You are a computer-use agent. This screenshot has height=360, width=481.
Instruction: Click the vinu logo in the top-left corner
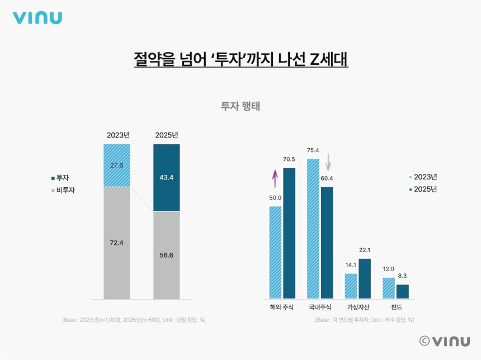tap(37, 18)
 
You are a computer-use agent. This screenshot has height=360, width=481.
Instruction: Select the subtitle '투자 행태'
tap(240, 106)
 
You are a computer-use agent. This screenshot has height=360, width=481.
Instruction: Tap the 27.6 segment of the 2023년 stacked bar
tap(117, 165)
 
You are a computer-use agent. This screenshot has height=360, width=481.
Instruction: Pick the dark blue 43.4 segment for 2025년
tap(167, 178)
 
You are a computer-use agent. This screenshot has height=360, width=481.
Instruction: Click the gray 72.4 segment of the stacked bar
tap(117, 243)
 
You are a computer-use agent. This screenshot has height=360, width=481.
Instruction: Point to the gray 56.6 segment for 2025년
tap(167, 255)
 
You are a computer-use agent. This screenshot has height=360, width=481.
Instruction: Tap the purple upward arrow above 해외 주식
tap(275, 178)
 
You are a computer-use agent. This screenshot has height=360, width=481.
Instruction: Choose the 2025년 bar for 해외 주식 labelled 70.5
tap(289, 233)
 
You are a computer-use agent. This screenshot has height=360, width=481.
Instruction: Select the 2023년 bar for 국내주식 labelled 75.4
tap(313, 228)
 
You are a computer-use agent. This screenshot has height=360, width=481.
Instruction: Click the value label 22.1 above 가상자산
tap(365, 250)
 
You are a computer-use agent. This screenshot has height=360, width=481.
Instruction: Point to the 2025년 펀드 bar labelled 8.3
tap(402, 291)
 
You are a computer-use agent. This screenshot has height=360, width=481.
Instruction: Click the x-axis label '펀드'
tap(396, 307)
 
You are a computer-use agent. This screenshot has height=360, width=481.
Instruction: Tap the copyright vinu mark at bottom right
tap(444, 341)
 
